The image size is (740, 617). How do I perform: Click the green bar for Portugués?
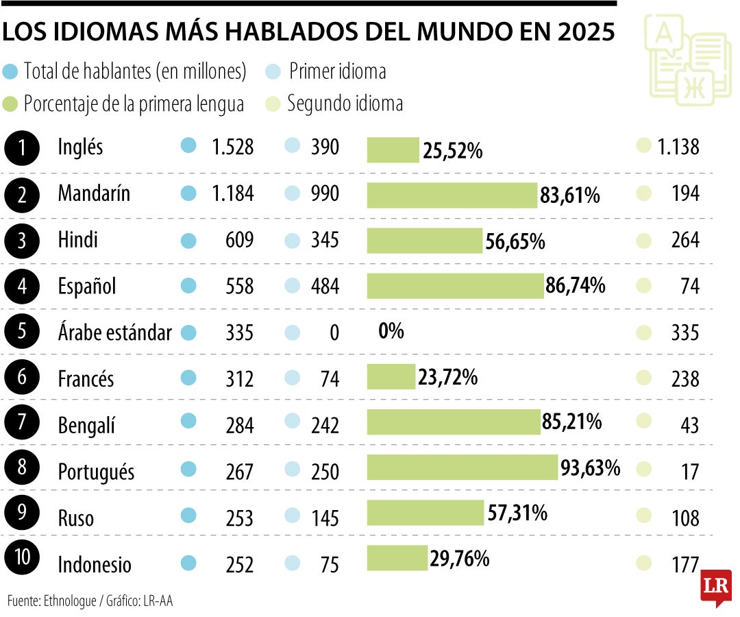point(463,468)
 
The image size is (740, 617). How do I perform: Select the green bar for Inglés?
point(393,149)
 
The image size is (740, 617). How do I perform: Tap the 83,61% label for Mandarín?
point(569,196)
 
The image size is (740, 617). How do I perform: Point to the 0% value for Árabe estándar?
point(391,332)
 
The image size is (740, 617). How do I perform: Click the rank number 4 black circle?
point(22,286)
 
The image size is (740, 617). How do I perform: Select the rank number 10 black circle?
point(22,557)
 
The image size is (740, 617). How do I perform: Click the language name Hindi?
point(77,240)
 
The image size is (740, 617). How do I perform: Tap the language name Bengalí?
point(86,426)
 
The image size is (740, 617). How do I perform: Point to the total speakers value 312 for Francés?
point(239,379)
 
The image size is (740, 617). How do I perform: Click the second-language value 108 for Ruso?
point(684,518)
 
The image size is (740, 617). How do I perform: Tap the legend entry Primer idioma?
point(337,71)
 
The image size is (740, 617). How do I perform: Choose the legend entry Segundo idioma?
point(345,104)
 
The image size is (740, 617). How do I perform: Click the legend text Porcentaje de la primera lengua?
point(134,104)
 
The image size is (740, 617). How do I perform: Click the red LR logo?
point(716,587)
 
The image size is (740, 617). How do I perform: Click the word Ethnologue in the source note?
point(70,601)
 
